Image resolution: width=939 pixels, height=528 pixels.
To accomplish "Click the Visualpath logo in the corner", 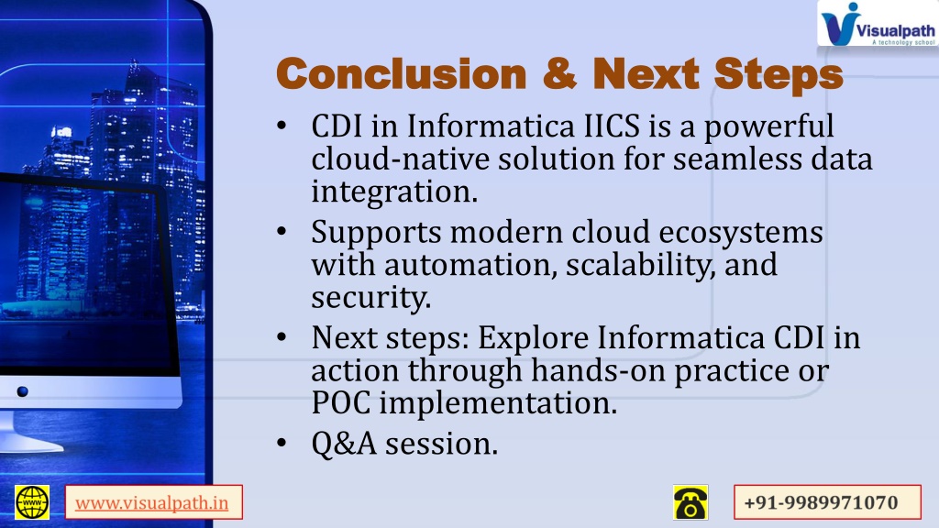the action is click(878, 23).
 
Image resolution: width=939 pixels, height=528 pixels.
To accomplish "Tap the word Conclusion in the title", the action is click(402, 74).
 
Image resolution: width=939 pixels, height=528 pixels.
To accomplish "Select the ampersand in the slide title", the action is click(560, 73).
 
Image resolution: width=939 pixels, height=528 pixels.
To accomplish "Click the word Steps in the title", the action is click(779, 75).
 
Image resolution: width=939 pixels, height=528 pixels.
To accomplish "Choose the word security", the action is click(370, 298).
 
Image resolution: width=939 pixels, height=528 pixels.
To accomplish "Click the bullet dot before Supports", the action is click(282, 232).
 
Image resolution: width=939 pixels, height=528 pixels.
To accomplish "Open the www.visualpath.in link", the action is click(151, 503).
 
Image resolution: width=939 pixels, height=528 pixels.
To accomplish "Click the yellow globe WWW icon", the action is click(32, 502).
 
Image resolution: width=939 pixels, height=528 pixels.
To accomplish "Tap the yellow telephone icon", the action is click(690, 502).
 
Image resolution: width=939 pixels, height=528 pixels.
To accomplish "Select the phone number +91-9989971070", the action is click(821, 503).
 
